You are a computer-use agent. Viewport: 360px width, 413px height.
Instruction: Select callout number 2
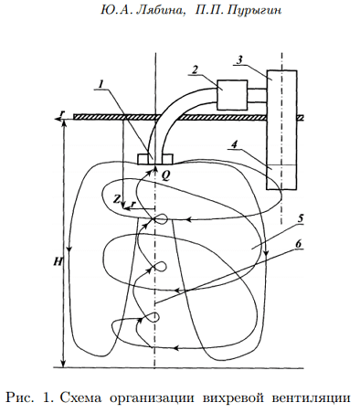click(195, 69)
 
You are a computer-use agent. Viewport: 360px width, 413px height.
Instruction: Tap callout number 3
click(240, 59)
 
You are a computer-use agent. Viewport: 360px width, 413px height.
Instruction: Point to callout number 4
click(234, 144)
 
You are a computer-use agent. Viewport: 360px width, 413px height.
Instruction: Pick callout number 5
click(301, 218)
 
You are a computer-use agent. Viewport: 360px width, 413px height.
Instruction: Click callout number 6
click(298, 244)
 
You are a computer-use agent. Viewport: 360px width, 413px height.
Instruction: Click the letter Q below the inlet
click(165, 175)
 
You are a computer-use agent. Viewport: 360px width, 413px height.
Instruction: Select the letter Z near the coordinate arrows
click(117, 199)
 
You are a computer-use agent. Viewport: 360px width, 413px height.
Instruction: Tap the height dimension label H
click(58, 261)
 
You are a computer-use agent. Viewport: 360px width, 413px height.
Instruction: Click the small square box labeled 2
click(232, 95)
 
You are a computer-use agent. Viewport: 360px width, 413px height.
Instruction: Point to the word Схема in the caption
click(81, 397)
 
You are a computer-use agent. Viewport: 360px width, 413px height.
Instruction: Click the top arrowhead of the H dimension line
click(63, 122)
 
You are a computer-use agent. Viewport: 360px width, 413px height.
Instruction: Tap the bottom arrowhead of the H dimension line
click(63, 364)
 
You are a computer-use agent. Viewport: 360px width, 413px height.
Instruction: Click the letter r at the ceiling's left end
click(62, 113)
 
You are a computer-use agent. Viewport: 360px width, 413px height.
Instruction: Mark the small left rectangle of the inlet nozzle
click(143, 159)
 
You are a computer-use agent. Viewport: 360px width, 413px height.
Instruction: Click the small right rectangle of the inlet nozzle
click(167, 159)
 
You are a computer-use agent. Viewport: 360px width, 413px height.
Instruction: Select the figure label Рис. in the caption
click(20, 397)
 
